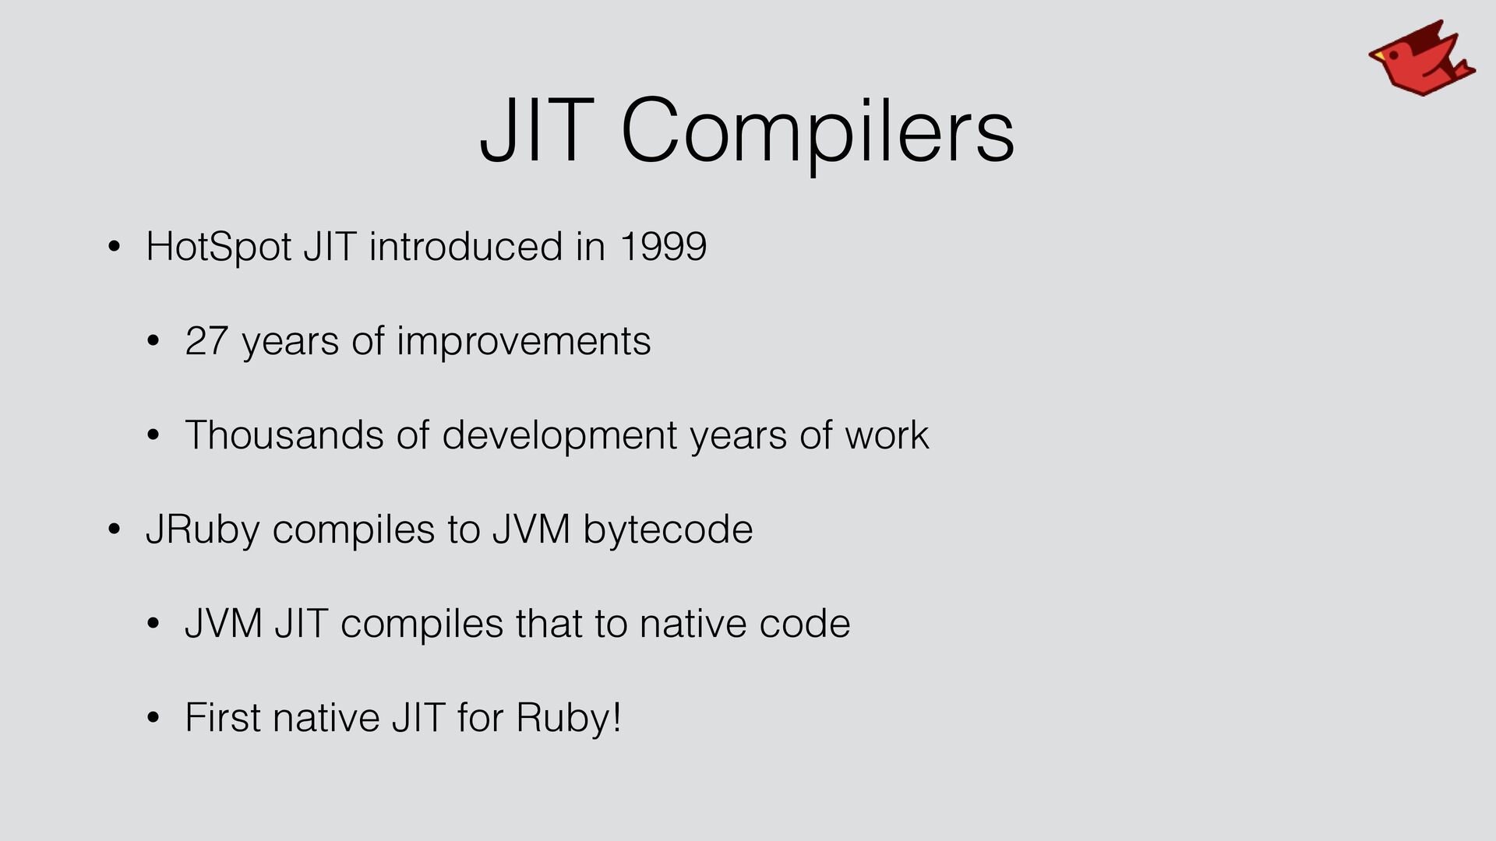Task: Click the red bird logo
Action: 1421,59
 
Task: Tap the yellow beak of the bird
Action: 1378,57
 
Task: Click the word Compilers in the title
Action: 817,131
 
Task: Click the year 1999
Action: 663,247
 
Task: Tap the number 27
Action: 206,341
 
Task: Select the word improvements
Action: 524,341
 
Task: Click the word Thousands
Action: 284,435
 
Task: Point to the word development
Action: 560,436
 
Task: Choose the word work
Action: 887,435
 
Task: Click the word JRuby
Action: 203,530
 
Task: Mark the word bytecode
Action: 668,530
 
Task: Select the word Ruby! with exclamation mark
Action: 569,719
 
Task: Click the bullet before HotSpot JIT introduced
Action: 115,248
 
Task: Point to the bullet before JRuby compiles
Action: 115,531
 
